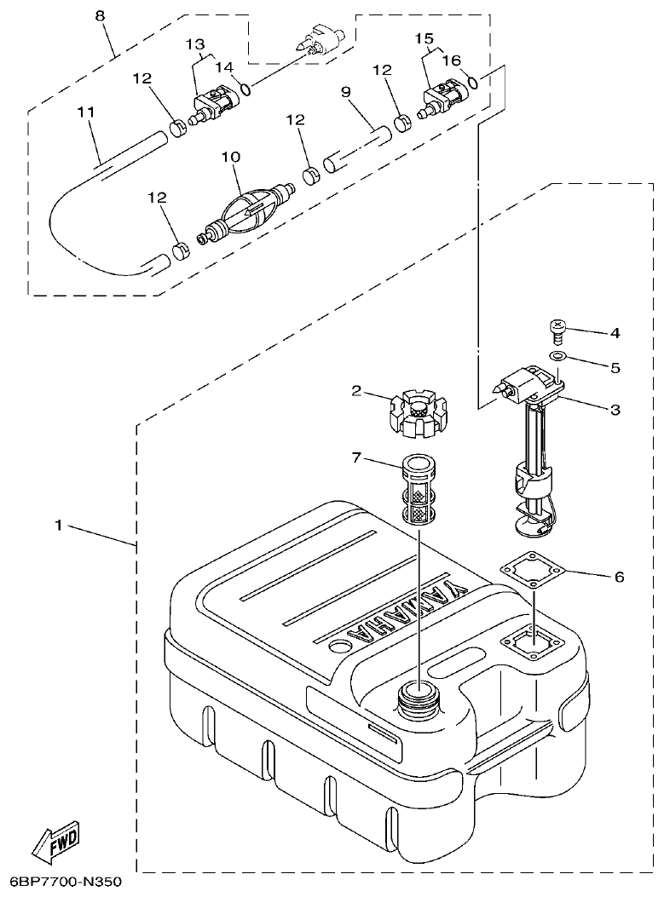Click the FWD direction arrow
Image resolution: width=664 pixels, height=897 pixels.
tap(55, 844)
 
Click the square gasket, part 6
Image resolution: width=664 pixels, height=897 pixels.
tap(530, 572)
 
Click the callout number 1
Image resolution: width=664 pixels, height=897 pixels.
tap(58, 526)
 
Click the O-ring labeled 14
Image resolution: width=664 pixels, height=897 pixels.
tap(245, 89)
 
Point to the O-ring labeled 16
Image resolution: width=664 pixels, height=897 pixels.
tap(474, 83)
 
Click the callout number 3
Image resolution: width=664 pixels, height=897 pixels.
tap(614, 410)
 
